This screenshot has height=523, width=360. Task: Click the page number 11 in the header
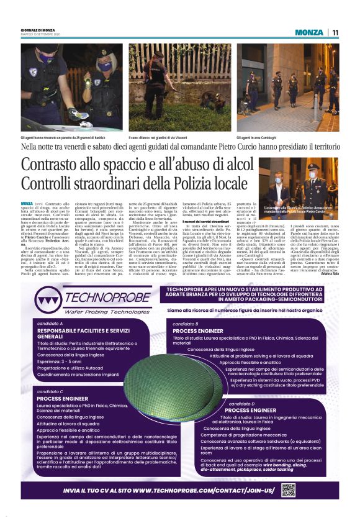click(x=335, y=33)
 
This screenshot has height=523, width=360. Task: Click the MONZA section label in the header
click(x=309, y=33)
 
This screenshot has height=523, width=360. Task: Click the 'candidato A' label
click(x=49, y=324)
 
